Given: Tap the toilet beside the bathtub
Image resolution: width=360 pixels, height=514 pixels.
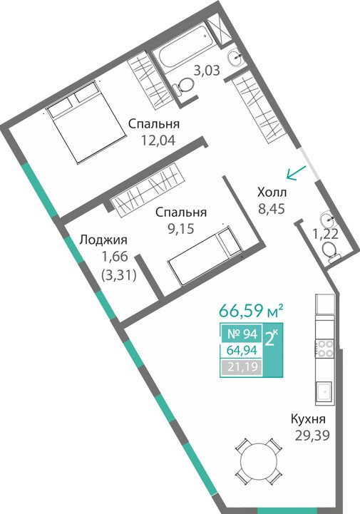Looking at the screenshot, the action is pyautogui.click(x=183, y=86).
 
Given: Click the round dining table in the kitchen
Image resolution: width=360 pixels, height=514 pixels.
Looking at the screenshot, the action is pyautogui.click(x=258, y=461).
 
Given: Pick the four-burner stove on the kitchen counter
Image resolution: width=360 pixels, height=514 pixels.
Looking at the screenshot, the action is pyautogui.click(x=324, y=348).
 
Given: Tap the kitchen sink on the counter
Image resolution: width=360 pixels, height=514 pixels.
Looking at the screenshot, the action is pyautogui.click(x=324, y=392).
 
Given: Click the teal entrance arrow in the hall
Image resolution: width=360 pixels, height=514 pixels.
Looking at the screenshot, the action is pyautogui.click(x=296, y=173).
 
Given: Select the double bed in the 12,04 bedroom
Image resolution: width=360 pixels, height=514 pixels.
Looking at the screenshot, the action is pyautogui.click(x=86, y=122).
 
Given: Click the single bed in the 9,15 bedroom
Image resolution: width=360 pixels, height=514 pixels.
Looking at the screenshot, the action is pyautogui.click(x=205, y=257).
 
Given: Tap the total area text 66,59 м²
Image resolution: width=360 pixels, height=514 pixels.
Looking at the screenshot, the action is pyautogui.click(x=251, y=311).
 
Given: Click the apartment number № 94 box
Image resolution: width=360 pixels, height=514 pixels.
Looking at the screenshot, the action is pyautogui.click(x=241, y=334).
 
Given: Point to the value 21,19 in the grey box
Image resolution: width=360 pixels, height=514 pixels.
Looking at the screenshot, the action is pyautogui.click(x=242, y=367).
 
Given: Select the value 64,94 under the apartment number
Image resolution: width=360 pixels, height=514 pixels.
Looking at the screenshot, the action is pyautogui.click(x=242, y=351).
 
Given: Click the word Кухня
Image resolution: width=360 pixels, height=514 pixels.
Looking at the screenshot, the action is pyautogui.click(x=308, y=419).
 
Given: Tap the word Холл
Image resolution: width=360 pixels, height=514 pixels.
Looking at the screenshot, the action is pyautogui.click(x=272, y=192).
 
